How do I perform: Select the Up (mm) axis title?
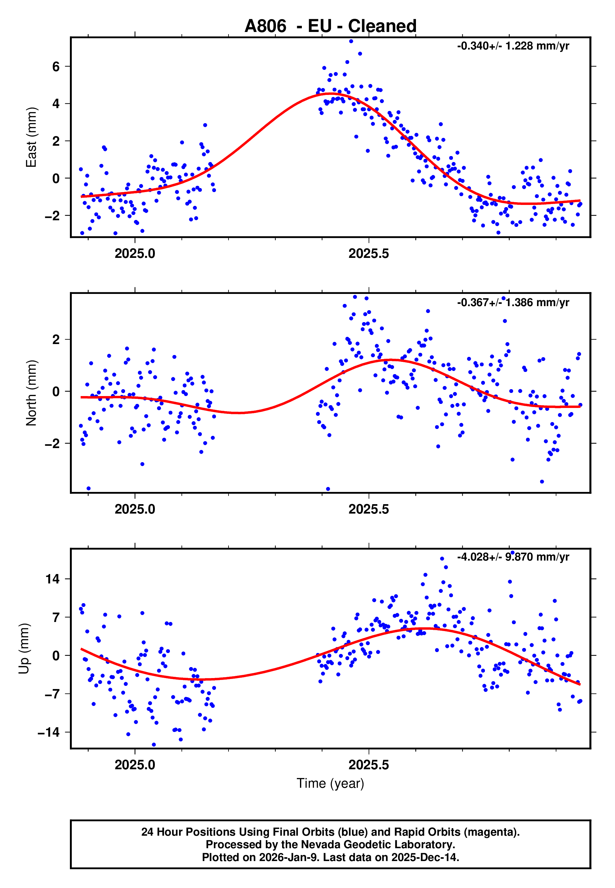point(24,649)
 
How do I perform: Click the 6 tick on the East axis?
point(56,67)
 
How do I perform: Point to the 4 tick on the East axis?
point(56,104)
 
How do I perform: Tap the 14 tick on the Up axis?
point(52,579)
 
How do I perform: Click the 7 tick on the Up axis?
point(56,617)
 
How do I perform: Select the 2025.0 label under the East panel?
point(135,253)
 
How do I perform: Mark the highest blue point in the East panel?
point(351,41)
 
